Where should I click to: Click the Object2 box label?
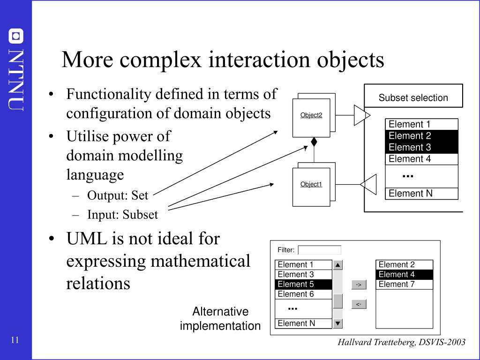pos(311,115)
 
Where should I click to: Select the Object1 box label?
pos(311,184)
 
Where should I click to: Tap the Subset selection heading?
pos(413,98)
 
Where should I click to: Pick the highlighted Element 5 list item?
pos(303,284)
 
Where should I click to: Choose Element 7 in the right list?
pos(397,284)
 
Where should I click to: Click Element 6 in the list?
pos(296,294)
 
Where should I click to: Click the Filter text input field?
pos(320,250)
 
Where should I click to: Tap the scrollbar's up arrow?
pos(338,265)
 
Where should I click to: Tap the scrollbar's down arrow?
pos(338,323)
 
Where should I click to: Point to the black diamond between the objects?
pos(314,142)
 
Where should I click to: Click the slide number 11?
pos(15,340)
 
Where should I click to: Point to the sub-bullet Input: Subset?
pos(122,215)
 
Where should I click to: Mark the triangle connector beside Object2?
pos(361,115)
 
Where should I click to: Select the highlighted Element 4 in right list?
pos(397,274)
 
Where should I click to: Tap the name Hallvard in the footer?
pos(354,342)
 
